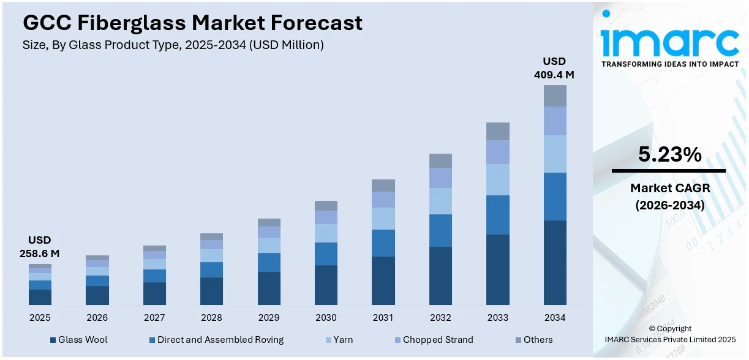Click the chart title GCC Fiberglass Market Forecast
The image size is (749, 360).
pyautogui.click(x=192, y=23)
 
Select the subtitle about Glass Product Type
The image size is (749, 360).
pyautogui.click(x=173, y=45)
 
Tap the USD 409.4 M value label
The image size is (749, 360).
pyautogui.click(x=554, y=68)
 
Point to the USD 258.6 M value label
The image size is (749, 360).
pyautogui.click(x=40, y=247)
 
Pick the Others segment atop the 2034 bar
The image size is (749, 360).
pyautogui.click(x=555, y=96)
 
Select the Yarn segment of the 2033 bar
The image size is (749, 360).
pyautogui.click(x=497, y=179)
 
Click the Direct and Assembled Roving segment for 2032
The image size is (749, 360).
pyautogui.click(x=440, y=230)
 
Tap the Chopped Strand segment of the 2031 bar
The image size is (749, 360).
pyautogui.click(x=383, y=200)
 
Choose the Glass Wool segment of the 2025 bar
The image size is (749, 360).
pyautogui.click(x=40, y=297)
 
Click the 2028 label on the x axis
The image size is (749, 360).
pyautogui.click(x=211, y=318)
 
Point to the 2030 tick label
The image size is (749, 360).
pyautogui.click(x=326, y=318)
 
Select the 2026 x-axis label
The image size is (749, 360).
pyautogui.click(x=97, y=318)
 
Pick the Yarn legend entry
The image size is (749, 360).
pyautogui.click(x=343, y=340)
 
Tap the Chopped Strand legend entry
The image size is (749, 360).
pyautogui.click(x=437, y=340)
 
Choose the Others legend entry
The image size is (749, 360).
pyautogui.click(x=537, y=340)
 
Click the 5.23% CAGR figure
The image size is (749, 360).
pyautogui.click(x=669, y=155)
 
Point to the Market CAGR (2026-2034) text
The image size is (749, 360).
pyautogui.click(x=669, y=197)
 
